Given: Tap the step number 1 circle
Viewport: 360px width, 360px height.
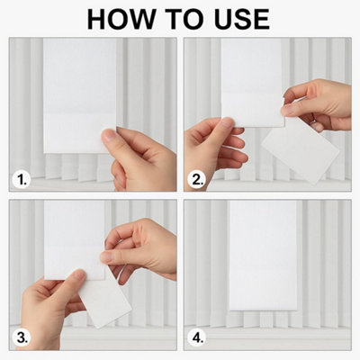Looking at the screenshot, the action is [22, 180].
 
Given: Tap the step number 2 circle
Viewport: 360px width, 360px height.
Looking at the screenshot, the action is [196, 180].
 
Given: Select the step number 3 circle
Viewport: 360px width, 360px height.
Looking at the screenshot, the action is [22, 337].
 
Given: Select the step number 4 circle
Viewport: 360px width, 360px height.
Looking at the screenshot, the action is [196, 337].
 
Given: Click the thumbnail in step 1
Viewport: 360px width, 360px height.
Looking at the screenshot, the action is [109, 137].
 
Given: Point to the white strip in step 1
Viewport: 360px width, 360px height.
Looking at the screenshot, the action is [79, 95].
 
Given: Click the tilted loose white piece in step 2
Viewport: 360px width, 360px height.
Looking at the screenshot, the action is [301, 150].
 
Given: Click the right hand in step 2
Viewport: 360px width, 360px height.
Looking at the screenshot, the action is [318, 105].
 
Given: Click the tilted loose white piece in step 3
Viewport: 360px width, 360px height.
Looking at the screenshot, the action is [105, 299].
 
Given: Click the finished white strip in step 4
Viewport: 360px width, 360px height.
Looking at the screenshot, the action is [263, 256].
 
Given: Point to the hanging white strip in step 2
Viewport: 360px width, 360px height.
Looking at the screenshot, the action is [253, 83].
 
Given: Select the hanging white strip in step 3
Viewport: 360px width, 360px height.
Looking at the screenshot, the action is [75, 240].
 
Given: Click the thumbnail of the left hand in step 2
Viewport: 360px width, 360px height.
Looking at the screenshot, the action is [228, 123].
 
